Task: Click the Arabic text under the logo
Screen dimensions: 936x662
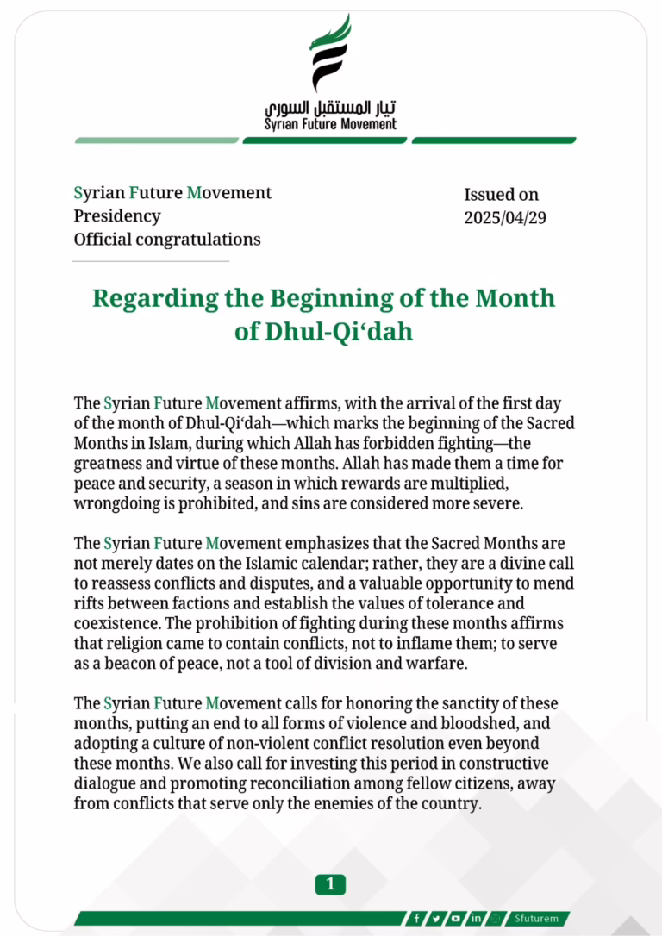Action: pyautogui.click(x=331, y=108)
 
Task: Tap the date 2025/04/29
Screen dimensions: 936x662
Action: pyautogui.click(x=504, y=218)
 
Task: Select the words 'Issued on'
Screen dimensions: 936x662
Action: pyautogui.click(x=501, y=195)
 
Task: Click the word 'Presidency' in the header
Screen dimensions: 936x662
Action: pyautogui.click(x=116, y=215)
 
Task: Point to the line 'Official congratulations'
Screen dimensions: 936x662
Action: pyautogui.click(x=166, y=239)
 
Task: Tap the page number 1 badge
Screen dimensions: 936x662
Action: pyautogui.click(x=330, y=883)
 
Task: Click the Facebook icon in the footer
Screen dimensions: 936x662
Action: pyautogui.click(x=417, y=918)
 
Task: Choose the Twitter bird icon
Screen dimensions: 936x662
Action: pyautogui.click(x=437, y=918)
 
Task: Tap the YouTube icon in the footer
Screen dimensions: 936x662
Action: pyautogui.click(x=456, y=918)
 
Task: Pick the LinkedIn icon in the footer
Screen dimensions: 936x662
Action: pyautogui.click(x=476, y=918)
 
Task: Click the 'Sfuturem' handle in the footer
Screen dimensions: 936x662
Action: pyautogui.click(x=537, y=918)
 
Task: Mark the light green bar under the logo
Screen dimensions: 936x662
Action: pyautogui.click(x=156, y=140)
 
